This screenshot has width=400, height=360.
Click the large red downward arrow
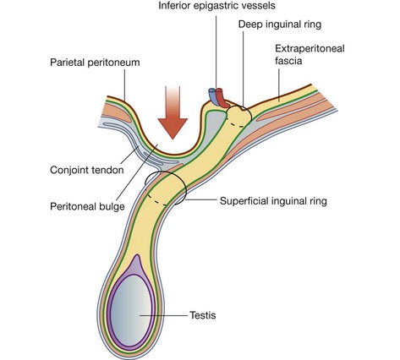(174, 109)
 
